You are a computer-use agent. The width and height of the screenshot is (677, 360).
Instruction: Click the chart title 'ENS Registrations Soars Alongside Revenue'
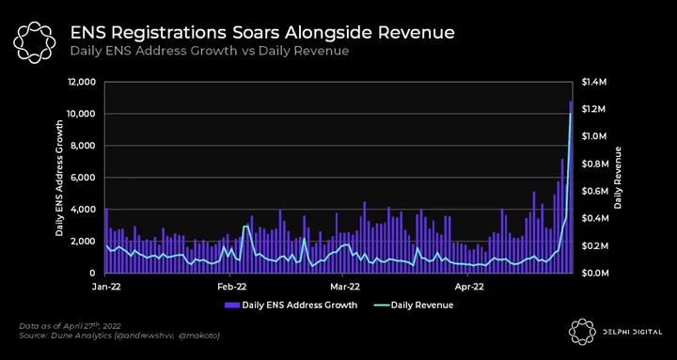[x=262, y=33]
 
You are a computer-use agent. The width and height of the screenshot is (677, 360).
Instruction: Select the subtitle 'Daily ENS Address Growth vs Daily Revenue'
[x=210, y=51]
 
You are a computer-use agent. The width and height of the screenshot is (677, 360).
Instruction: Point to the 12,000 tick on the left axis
[x=86, y=82]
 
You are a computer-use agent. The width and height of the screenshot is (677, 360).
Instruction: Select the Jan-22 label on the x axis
[x=106, y=286]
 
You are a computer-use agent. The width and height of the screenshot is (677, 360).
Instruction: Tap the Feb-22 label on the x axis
[x=230, y=286]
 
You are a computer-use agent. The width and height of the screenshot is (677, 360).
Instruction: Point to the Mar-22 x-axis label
[x=343, y=286]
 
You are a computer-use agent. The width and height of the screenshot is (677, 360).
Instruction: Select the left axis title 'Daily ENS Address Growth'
[x=60, y=178]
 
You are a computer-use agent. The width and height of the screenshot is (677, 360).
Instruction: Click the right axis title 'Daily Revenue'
[x=618, y=178]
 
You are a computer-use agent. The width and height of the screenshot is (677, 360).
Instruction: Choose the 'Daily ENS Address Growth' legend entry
[x=291, y=305]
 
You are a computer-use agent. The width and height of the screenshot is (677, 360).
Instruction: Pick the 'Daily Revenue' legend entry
[x=412, y=305]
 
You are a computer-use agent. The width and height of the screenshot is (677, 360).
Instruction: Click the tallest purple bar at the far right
[x=571, y=187]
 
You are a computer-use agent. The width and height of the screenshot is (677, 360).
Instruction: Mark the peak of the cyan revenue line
[x=571, y=113]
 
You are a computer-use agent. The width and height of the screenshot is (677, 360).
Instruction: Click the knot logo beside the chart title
[x=35, y=41]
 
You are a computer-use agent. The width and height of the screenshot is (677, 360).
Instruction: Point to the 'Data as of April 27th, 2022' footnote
[x=70, y=326]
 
